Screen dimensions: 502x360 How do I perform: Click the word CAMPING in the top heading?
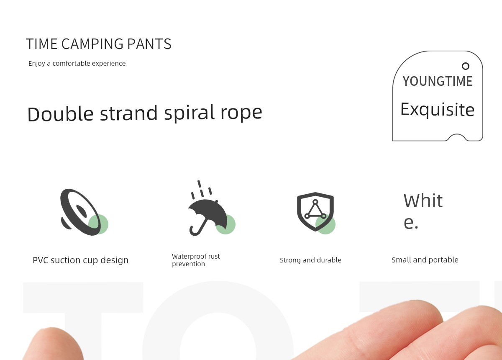click(92, 44)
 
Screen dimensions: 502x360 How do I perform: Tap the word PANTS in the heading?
click(149, 44)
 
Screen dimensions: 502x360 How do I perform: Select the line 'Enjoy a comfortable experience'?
click(77, 64)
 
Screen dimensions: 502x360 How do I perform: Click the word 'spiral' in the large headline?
click(190, 113)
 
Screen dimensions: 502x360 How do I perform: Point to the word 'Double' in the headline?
click(60, 114)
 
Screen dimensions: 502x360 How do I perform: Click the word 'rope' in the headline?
click(241, 114)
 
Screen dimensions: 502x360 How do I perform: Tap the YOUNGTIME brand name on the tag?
click(438, 81)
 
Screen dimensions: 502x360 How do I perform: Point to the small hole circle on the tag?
click(466, 66)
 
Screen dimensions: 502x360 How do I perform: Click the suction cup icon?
click(81, 212)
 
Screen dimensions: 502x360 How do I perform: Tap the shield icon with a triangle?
click(315, 211)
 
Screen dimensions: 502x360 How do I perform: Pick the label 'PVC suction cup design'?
click(80, 260)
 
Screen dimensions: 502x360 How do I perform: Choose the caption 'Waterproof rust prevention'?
click(196, 260)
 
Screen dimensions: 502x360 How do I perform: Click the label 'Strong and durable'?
click(310, 260)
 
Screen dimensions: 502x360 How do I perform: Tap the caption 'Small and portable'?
click(425, 260)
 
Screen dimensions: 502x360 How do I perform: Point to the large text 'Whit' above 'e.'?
click(423, 201)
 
